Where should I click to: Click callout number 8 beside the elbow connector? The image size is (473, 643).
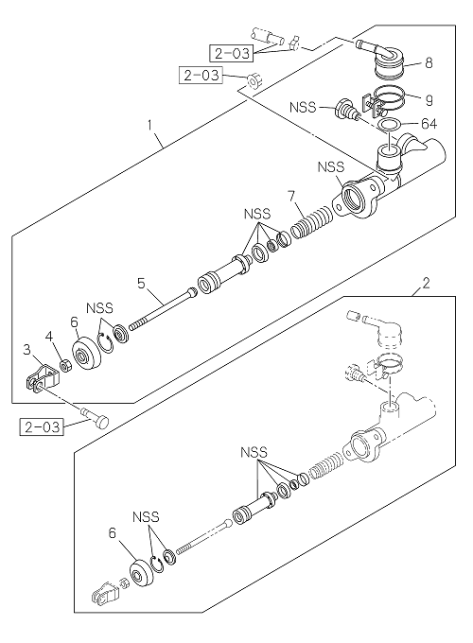pos(429,63)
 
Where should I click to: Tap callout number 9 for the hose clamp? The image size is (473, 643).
pos(429,99)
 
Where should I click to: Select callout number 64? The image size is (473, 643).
pos(429,124)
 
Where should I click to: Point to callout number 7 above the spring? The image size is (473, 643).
pos(290,196)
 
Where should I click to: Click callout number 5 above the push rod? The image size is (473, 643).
pos(141,283)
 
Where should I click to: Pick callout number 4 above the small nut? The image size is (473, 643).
pos(49,337)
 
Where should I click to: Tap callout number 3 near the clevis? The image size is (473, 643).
pos(27,349)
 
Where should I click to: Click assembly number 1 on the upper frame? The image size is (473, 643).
pos(149,125)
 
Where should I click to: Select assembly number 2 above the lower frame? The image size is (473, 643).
pos(427,283)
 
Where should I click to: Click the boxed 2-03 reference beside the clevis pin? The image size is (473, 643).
pos(42,426)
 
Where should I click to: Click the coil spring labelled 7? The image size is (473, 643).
pos(312,222)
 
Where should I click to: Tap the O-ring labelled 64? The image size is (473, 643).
pos(388,124)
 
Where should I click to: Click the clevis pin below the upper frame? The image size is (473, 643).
pos(96,417)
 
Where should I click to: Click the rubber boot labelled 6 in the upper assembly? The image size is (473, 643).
pos(87,353)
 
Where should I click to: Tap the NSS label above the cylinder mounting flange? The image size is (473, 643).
pos(331,167)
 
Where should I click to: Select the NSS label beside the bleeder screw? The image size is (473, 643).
pos(303,107)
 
